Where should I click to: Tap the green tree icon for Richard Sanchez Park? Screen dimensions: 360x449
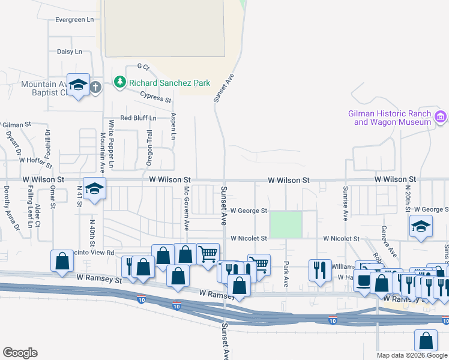tap(120, 82)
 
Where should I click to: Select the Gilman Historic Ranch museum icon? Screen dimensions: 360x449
tap(441, 116)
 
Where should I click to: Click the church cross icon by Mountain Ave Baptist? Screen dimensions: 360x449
tap(95, 87)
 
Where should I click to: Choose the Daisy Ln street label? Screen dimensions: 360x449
tap(69, 52)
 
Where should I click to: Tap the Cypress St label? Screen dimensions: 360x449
tap(155, 96)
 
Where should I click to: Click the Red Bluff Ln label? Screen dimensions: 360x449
tap(138, 118)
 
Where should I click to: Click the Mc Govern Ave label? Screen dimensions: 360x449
tap(187, 208)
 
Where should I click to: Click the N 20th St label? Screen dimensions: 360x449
tap(407, 199)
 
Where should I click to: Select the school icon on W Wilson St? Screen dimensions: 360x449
tap(94, 190)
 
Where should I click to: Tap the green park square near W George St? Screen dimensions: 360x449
tap(286, 224)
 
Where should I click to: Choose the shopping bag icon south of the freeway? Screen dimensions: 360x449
tap(426, 341)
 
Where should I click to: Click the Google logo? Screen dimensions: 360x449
tap(20, 353)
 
